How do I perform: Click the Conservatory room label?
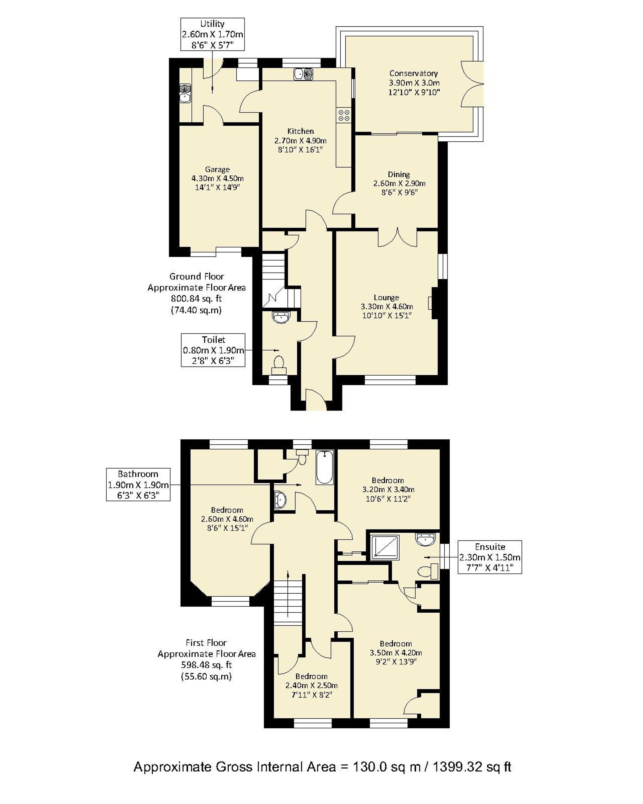tap(413, 73)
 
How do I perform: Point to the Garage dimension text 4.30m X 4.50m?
tap(217, 178)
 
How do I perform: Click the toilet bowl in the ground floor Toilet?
tap(279, 362)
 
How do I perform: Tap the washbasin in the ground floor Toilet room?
tap(281, 317)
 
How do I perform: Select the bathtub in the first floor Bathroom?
tap(325, 467)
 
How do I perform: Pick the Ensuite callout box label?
tap(489, 557)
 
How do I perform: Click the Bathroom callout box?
tap(138, 484)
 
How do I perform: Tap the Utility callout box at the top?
tap(213, 34)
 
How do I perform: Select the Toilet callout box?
tap(213, 350)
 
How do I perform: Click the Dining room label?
tap(398, 174)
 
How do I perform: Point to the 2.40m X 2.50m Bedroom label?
tap(311, 685)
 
